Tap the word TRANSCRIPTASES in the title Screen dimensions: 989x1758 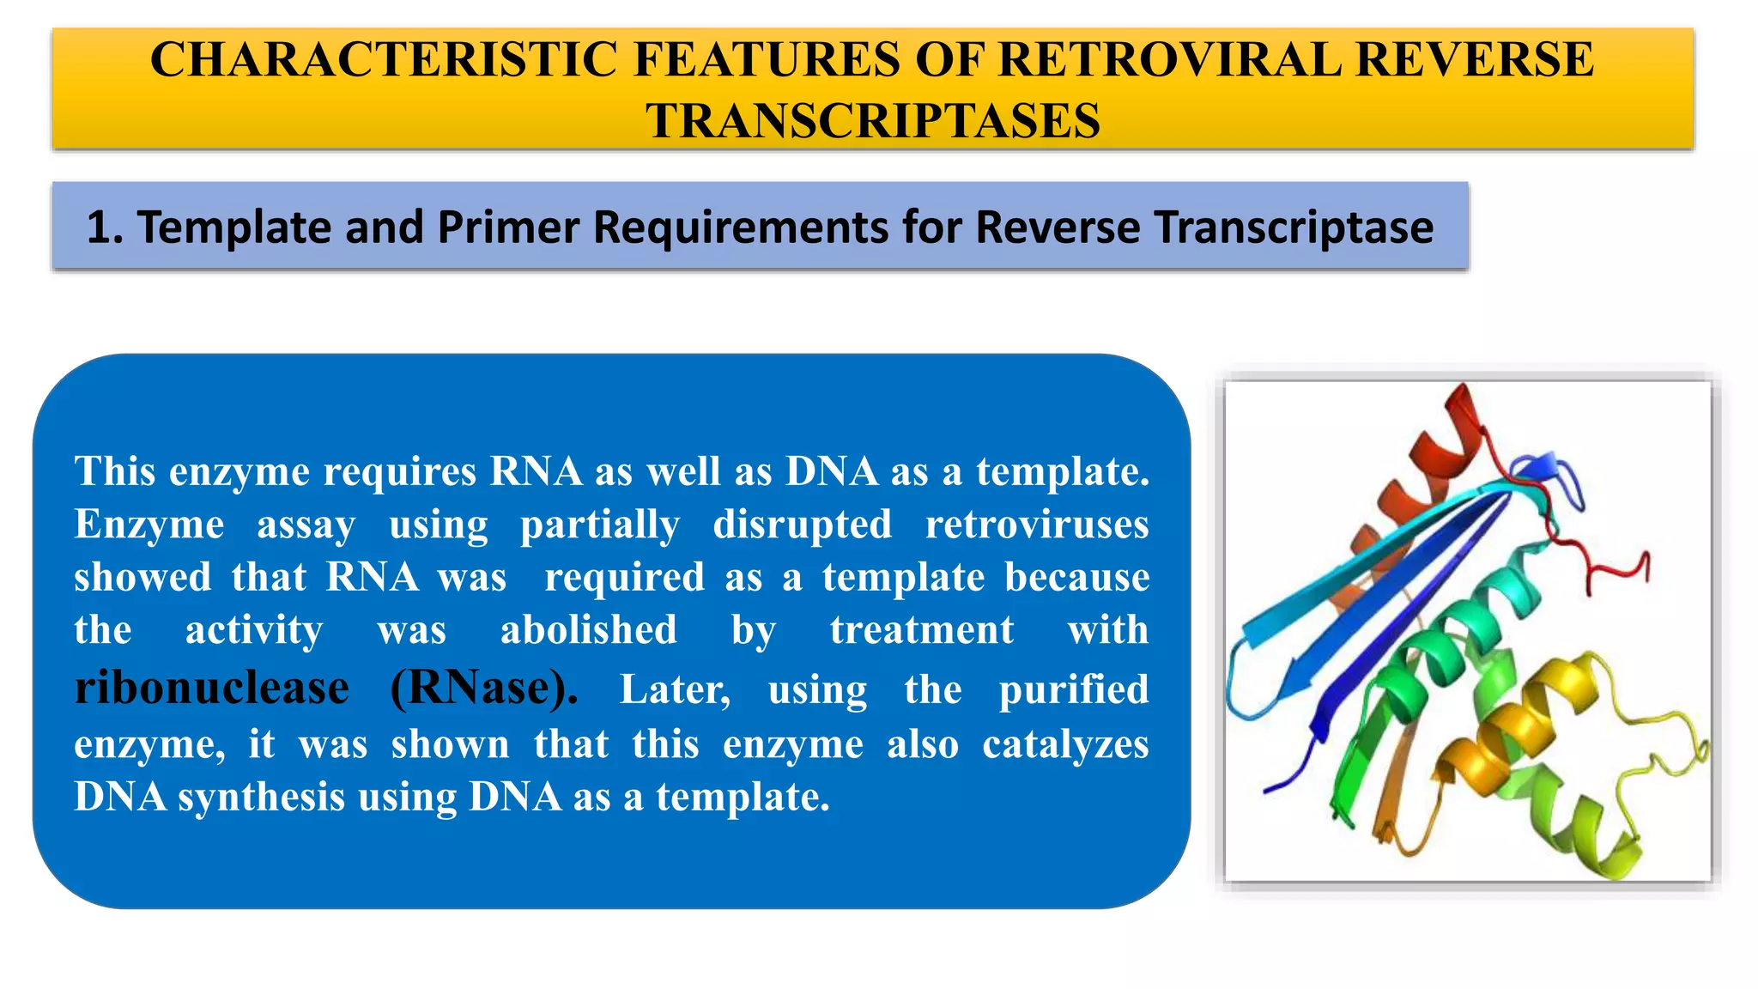tap(872, 120)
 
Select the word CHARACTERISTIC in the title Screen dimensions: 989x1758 tap(384, 59)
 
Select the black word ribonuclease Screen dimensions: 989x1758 tap(211, 688)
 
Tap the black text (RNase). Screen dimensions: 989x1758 tap(483, 688)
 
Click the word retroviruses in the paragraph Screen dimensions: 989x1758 tap(1036, 525)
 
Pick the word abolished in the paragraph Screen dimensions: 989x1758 tap(589, 630)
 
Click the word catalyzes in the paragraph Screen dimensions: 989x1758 tap(1064, 744)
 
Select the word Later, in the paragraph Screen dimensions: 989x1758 tap(675, 689)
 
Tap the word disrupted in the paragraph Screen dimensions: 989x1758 tap(802, 525)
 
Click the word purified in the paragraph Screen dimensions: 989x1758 tap(1073, 689)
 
